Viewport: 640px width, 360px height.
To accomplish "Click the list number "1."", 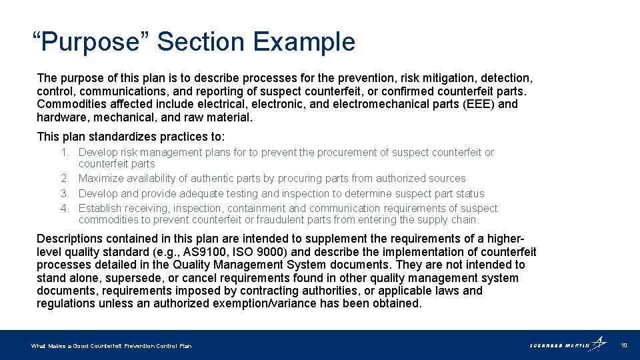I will pyautogui.click(x=65, y=153).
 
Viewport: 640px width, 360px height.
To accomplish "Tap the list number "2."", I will pyautogui.click(x=65, y=179).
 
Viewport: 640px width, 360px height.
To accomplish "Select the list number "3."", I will pyautogui.click(x=65, y=194).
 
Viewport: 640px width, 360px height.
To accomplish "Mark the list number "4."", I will pyautogui.click(x=65, y=209).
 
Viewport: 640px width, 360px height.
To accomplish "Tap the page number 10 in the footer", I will pyautogui.click(x=624, y=345).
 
